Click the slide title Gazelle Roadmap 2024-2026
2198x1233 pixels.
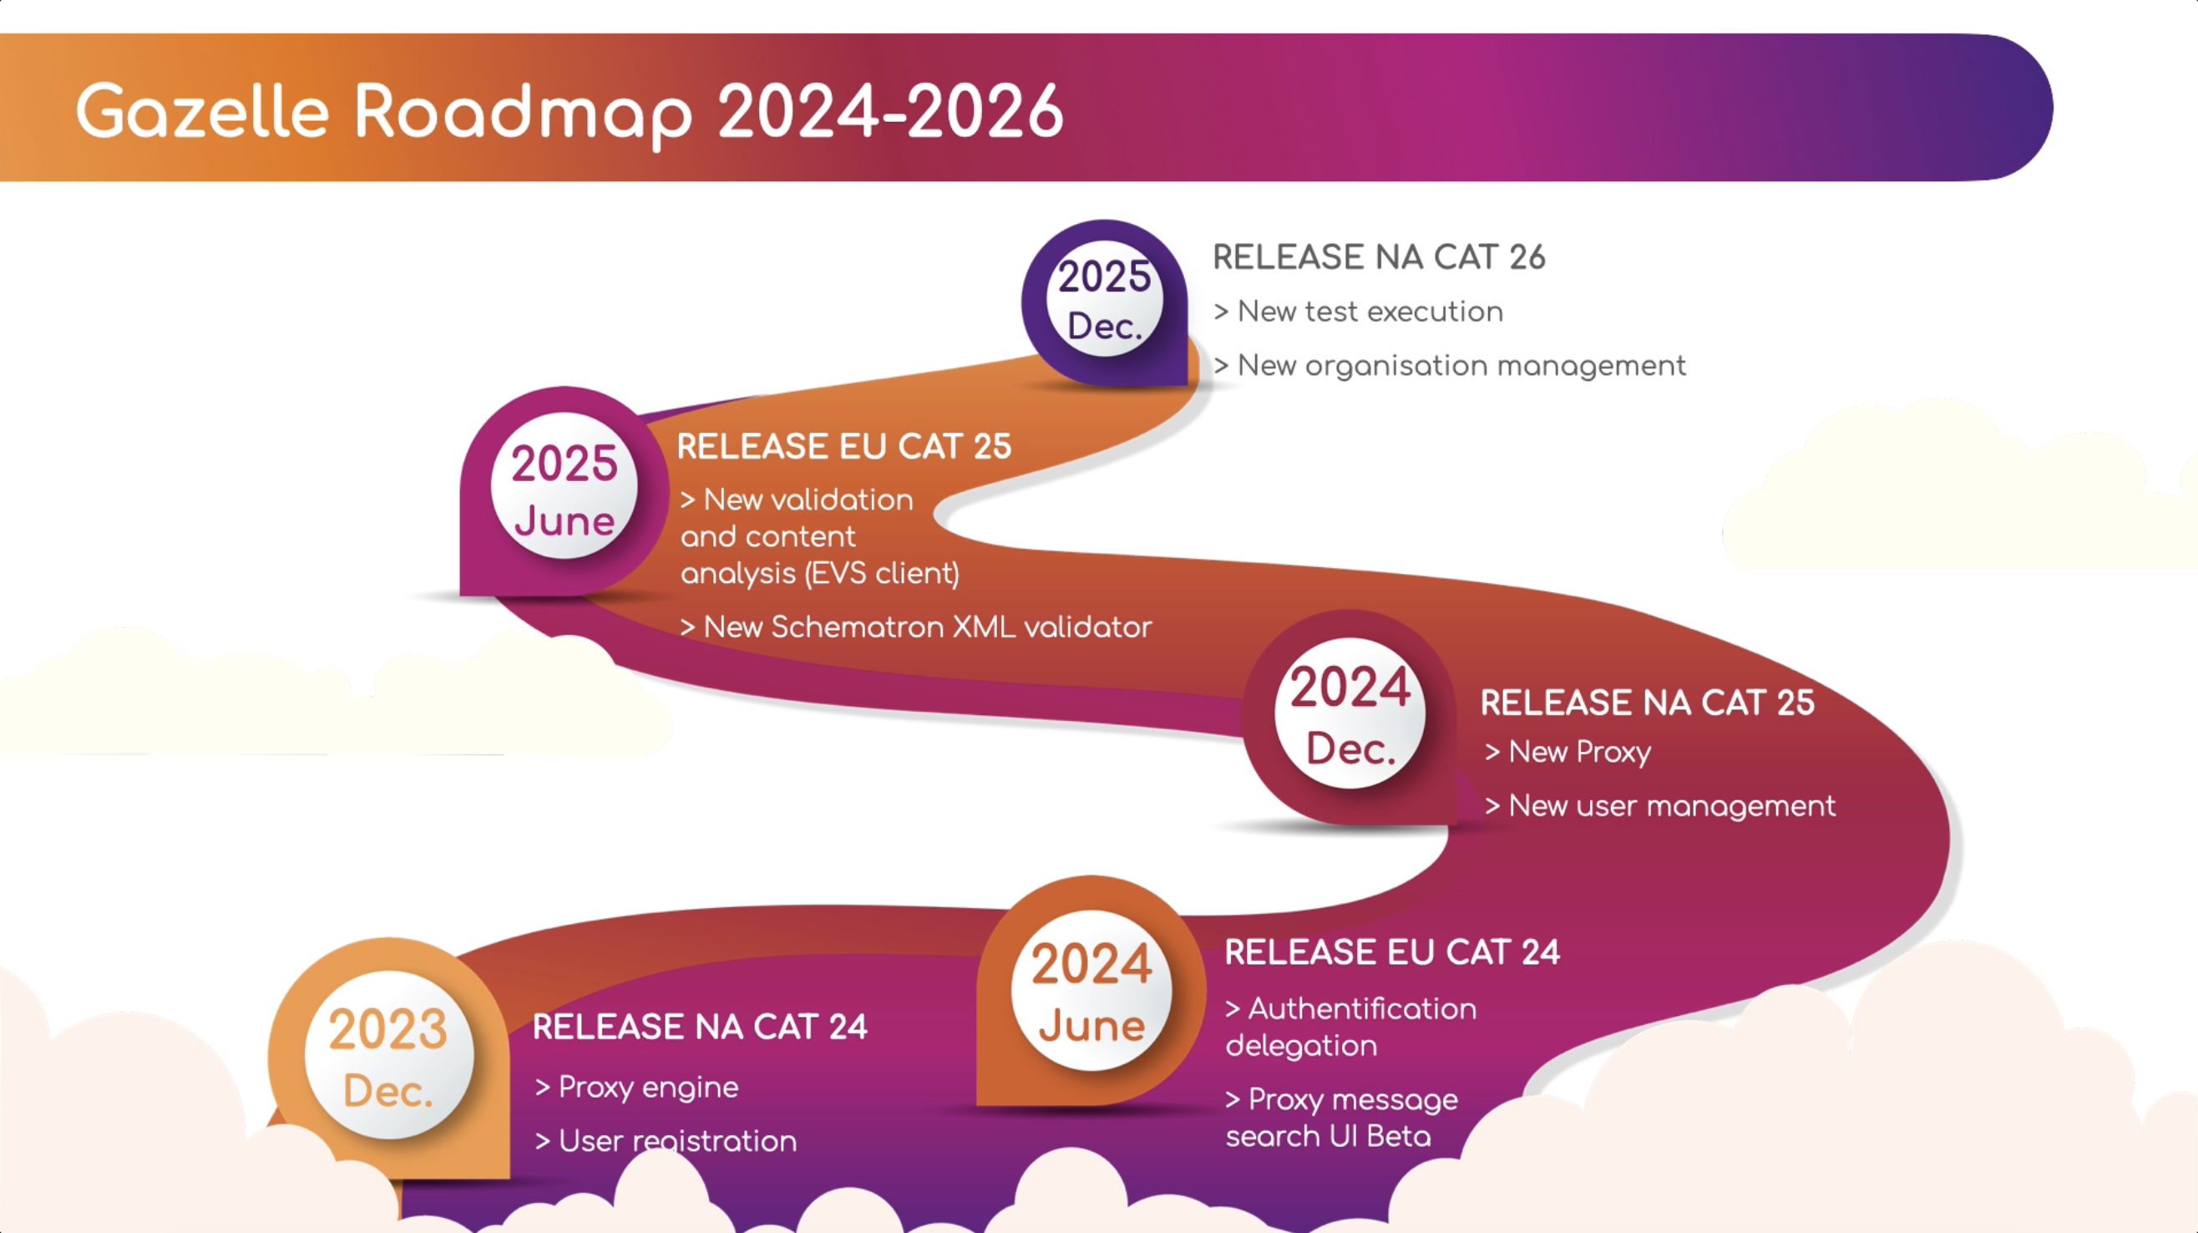pyautogui.click(x=570, y=112)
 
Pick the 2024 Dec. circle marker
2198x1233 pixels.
pyautogui.click(x=1350, y=713)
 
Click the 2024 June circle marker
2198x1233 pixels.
pyautogui.click(x=1091, y=990)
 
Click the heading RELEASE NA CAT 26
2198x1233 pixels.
pyautogui.click(x=1379, y=256)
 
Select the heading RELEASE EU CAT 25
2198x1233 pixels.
pyautogui.click(x=843, y=446)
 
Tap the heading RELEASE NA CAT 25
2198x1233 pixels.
pyautogui.click(x=1647, y=703)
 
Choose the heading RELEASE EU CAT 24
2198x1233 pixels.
pyautogui.click(x=1391, y=952)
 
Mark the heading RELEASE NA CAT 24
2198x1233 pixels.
pyautogui.click(x=700, y=1027)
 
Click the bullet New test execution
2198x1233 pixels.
pyautogui.click(x=1359, y=312)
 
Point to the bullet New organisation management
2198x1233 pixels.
pyautogui.click(x=1450, y=366)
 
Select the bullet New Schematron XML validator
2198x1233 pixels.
pyautogui.click(x=915, y=627)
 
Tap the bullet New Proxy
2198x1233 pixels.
pyautogui.click(x=1567, y=752)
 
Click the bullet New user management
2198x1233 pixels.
pyautogui.click(x=1659, y=805)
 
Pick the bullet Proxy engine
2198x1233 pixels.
pyautogui.click(x=636, y=1088)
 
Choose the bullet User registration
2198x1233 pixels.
pyautogui.click(x=666, y=1142)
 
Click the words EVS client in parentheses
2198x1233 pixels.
pyautogui.click(x=882, y=573)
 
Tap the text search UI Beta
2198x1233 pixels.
pyautogui.click(x=1329, y=1137)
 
